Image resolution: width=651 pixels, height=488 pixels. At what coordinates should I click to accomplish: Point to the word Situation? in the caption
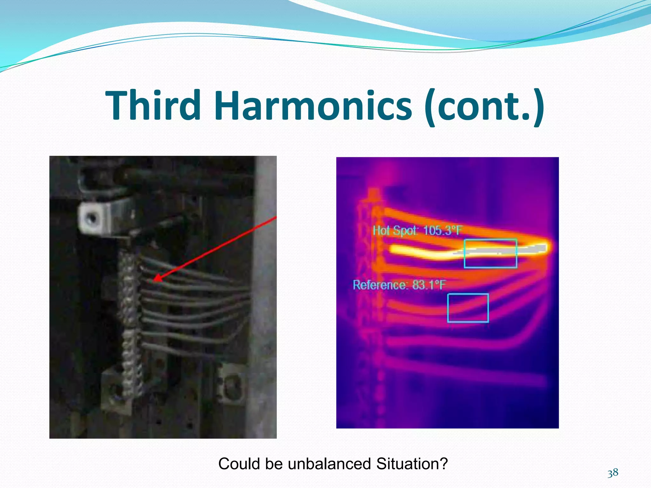click(x=412, y=464)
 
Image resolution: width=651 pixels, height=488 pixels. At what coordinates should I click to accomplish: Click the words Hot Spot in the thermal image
click(x=394, y=230)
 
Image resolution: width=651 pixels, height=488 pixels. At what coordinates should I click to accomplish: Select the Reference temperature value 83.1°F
click(x=428, y=285)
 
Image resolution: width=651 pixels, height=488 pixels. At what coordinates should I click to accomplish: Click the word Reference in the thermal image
click(x=380, y=285)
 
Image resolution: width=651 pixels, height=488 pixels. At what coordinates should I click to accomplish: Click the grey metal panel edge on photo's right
click(x=266, y=286)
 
